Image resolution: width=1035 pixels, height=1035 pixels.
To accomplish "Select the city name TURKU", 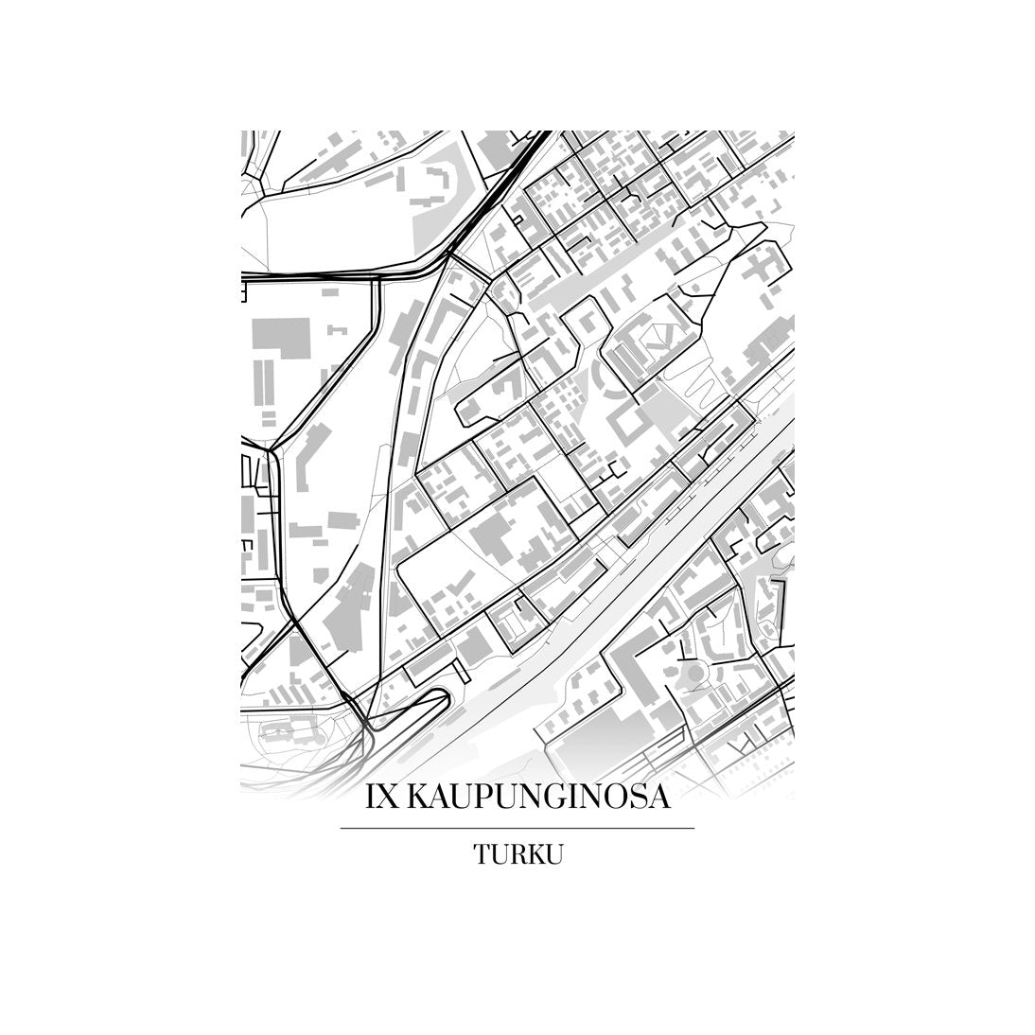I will click(518, 854).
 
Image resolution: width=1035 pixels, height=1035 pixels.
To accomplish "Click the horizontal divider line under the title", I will click(517, 828).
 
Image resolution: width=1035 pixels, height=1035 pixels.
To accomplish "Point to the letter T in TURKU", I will click(482, 854).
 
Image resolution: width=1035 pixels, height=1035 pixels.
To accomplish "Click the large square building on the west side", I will click(279, 339).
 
